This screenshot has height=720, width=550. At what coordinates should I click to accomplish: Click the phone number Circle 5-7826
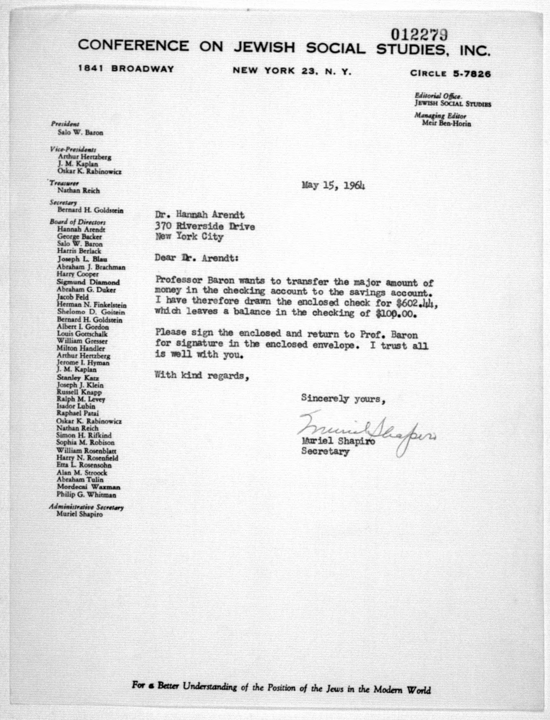(451, 73)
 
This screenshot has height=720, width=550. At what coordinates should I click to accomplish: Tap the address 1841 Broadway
(126, 69)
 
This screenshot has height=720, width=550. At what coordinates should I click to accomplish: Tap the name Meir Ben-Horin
(446, 123)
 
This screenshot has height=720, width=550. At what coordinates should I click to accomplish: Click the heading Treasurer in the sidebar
(64, 183)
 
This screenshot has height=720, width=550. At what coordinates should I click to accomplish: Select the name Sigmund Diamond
(88, 282)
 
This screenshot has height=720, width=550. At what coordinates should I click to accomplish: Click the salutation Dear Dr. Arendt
(196, 258)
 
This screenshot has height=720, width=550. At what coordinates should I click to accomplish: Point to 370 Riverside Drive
(205, 226)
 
